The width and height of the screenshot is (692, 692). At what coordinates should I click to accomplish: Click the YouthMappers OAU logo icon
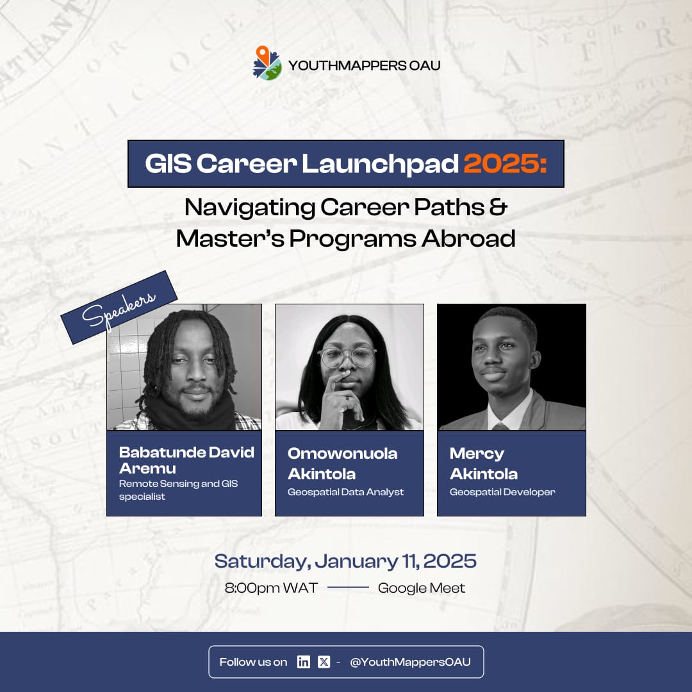point(267,63)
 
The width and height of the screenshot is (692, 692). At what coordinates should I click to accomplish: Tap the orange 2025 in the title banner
point(505,164)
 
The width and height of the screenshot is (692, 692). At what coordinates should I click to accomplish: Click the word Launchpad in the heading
point(380,164)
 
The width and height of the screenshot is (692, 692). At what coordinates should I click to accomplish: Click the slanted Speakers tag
point(119,308)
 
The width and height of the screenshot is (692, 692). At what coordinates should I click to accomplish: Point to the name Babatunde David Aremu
point(186,459)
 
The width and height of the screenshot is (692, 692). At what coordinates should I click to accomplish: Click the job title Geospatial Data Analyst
point(346,492)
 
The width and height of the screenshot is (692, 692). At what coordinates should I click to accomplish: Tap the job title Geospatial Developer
point(502,492)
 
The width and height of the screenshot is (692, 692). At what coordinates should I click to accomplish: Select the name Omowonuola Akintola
point(342,463)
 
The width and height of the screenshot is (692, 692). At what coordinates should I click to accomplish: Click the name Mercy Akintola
point(484,463)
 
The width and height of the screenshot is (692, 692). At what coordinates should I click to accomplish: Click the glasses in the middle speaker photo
point(347,357)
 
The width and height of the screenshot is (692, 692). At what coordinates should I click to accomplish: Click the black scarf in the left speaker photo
point(186,414)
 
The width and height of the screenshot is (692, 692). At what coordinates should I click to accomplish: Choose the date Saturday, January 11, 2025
point(345,561)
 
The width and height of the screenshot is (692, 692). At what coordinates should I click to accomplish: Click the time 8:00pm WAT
point(271,588)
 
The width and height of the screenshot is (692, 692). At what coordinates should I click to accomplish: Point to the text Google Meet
point(422,588)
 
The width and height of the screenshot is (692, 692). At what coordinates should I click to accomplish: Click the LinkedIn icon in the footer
point(304,662)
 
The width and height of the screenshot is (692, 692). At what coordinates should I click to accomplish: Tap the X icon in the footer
point(324,662)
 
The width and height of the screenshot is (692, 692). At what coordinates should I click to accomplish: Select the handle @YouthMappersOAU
point(410,662)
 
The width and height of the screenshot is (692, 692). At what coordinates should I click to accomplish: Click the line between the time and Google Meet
point(348,588)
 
